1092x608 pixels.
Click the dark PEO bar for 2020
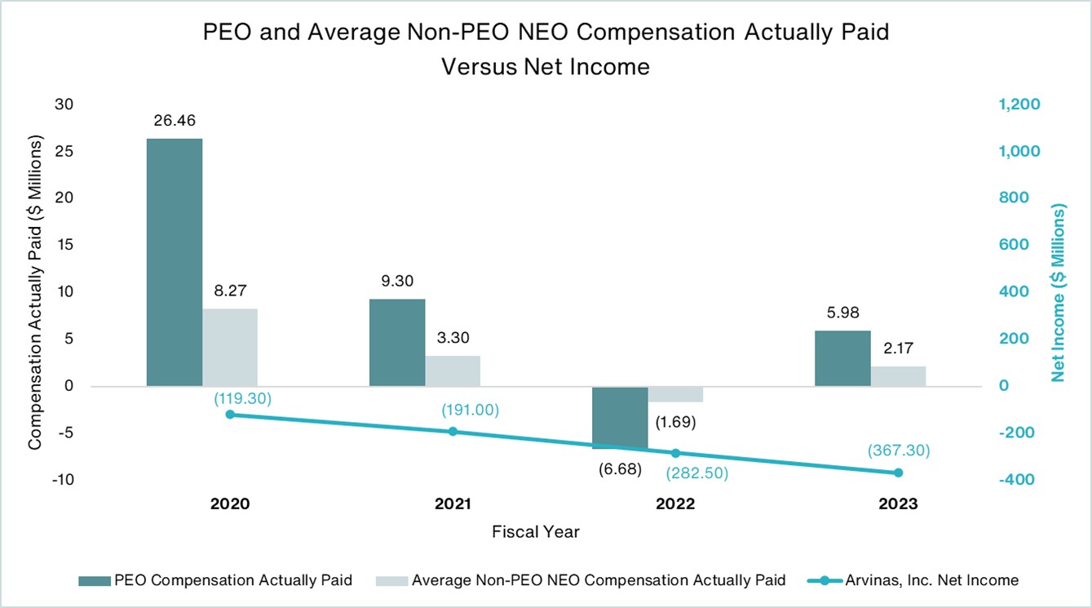pyautogui.click(x=174, y=261)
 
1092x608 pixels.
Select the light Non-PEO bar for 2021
pyautogui.click(x=452, y=371)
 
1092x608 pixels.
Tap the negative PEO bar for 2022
pyautogui.click(x=620, y=417)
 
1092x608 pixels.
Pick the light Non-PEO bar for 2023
pyautogui.click(x=898, y=376)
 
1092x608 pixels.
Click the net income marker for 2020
pyautogui.click(x=230, y=415)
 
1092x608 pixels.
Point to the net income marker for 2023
pyautogui.click(x=899, y=473)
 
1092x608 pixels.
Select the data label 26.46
pyautogui.click(x=174, y=121)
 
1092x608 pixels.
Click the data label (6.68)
pyautogui.click(x=618, y=469)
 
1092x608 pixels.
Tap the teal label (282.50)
pyautogui.click(x=697, y=473)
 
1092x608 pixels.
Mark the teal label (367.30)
pyautogui.click(x=899, y=450)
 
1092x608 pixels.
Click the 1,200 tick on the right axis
pyautogui.click(x=1019, y=104)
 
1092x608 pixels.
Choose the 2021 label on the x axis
pyautogui.click(x=453, y=504)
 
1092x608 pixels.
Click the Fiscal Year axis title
pyautogui.click(x=536, y=532)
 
